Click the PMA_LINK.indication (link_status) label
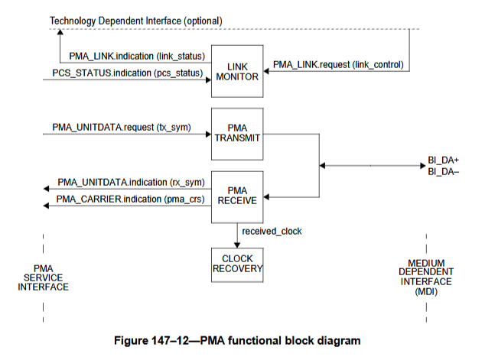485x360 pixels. [x=137, y=57]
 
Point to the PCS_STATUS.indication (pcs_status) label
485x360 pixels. [x=128, y=73]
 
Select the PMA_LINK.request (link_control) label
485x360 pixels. [x=338, y=64]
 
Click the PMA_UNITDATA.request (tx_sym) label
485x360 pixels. [x=122, y=128]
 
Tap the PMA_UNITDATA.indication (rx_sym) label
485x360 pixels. [x=131, y=183]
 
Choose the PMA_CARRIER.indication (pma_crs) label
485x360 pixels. [x=130, y=199]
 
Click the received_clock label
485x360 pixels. [x=272, y=231]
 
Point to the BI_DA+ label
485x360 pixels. [x=443, y=160]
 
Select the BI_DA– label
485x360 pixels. [x=443, y=171]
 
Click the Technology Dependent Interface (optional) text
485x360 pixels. [x=136, y=21]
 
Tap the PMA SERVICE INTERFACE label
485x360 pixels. [x=44, y=277]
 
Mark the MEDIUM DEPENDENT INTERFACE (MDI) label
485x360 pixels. [x=426, y=277]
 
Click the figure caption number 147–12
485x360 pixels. [x=170, y=341]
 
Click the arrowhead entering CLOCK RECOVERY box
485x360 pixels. [x=237, y=245]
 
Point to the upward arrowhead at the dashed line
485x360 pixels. [x=60, y=31]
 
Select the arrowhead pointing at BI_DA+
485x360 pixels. [x=423, y=166]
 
